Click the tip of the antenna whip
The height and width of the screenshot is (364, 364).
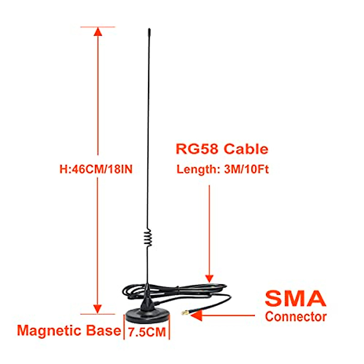coord(149,30)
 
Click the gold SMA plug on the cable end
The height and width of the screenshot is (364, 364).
coord(184,313)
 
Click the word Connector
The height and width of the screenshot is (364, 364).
coord(295,317)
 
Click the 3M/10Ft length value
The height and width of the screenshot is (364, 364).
coord(246,169)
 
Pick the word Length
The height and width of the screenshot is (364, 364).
coord(196,169)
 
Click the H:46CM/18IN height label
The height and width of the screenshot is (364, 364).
coord(96,169)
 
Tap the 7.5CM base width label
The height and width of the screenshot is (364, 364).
coord(147,332)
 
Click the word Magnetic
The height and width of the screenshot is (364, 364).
coord(49,330)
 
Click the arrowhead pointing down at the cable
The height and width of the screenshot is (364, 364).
coord(209,278)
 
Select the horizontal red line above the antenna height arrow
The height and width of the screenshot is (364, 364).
coord(98,27)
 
